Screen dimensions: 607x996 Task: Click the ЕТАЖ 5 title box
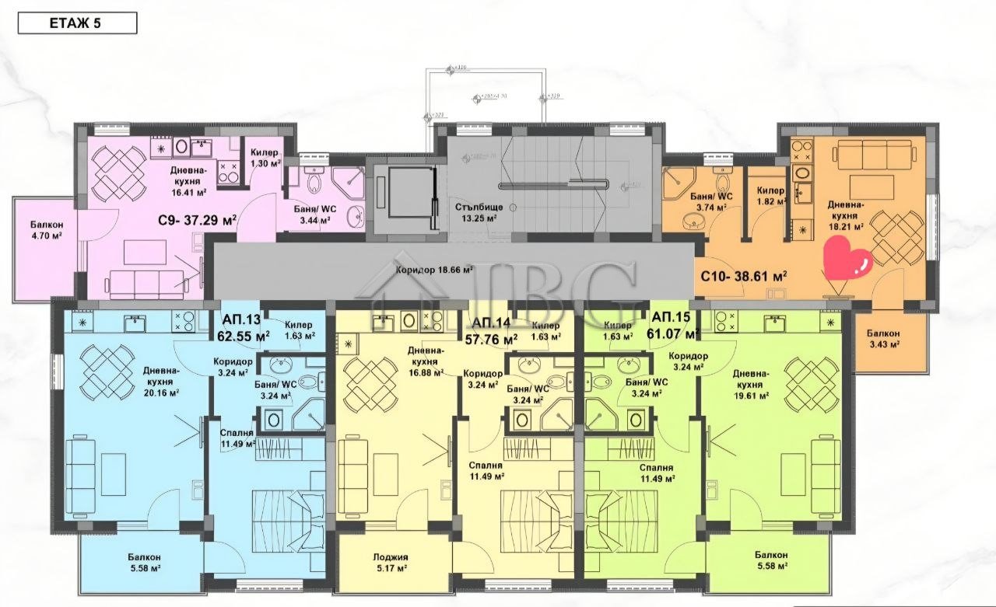(77, 23)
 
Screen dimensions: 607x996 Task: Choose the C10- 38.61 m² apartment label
(743, 276)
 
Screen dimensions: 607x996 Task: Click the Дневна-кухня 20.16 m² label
(162, 382)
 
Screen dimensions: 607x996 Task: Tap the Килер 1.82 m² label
(770, 196)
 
